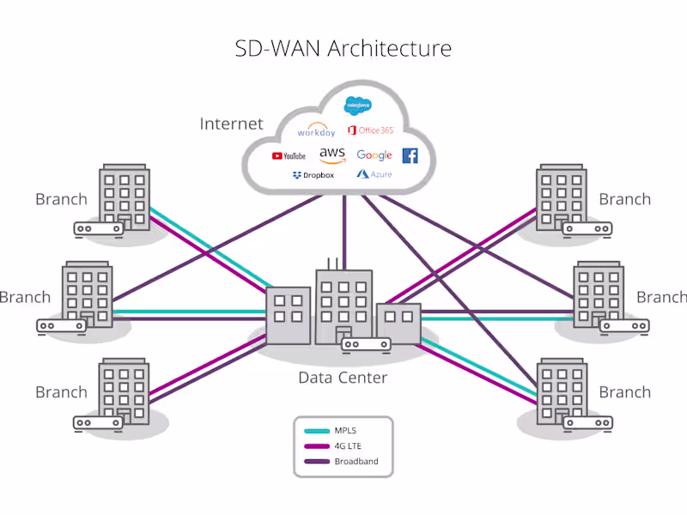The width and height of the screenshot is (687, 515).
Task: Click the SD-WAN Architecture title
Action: click(343, 48)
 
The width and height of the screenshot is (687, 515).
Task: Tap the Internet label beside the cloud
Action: click(231, 124)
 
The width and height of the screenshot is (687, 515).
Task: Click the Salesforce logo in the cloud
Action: click(357, 106)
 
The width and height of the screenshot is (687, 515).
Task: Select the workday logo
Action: click(315, 131)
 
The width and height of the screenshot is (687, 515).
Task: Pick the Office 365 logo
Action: click(370, 130)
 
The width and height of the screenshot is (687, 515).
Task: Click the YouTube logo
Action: click(289, 156)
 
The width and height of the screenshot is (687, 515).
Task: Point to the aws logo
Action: click(331, 154)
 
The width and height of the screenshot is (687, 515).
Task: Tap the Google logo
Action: click(374, 155)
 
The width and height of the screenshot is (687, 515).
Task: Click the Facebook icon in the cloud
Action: click(410, 155)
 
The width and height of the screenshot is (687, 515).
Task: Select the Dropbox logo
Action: click(313, 175)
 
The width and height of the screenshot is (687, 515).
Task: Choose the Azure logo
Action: click(375, 174)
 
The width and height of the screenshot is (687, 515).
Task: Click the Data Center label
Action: click(343, 378)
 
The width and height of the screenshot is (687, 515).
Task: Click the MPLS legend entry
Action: click(345, 431)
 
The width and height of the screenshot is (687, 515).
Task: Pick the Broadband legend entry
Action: click(355, 462)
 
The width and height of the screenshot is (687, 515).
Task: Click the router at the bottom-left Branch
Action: click(98, 422)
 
